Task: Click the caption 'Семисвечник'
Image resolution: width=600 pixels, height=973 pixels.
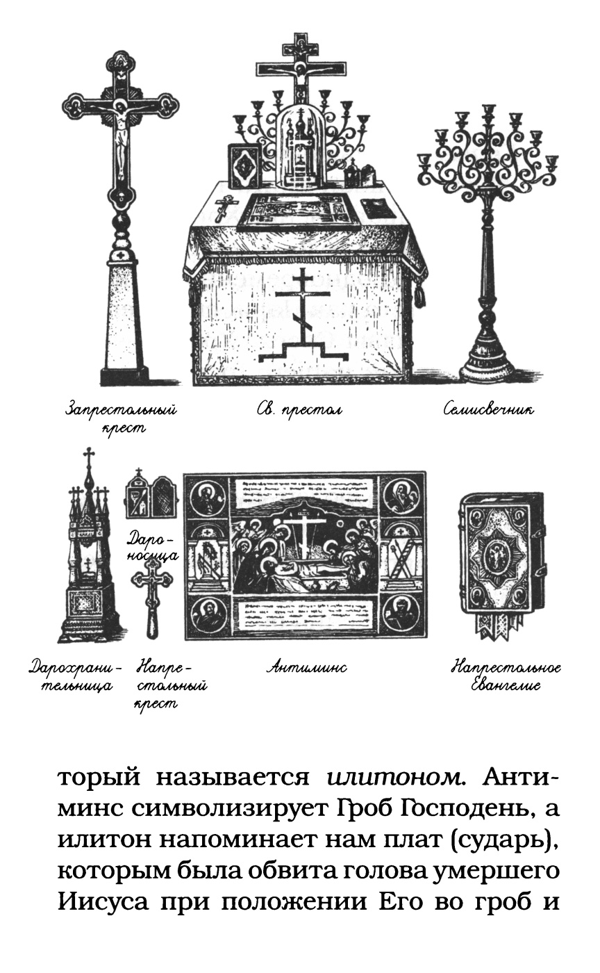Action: click(x=488, y=409)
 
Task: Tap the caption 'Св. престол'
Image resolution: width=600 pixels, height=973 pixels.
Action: click(x=299, y=410)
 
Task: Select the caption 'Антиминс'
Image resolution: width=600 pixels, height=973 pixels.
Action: click(x=306, y=678)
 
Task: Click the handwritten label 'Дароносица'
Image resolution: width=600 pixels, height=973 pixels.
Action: click(x=153, y=548)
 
